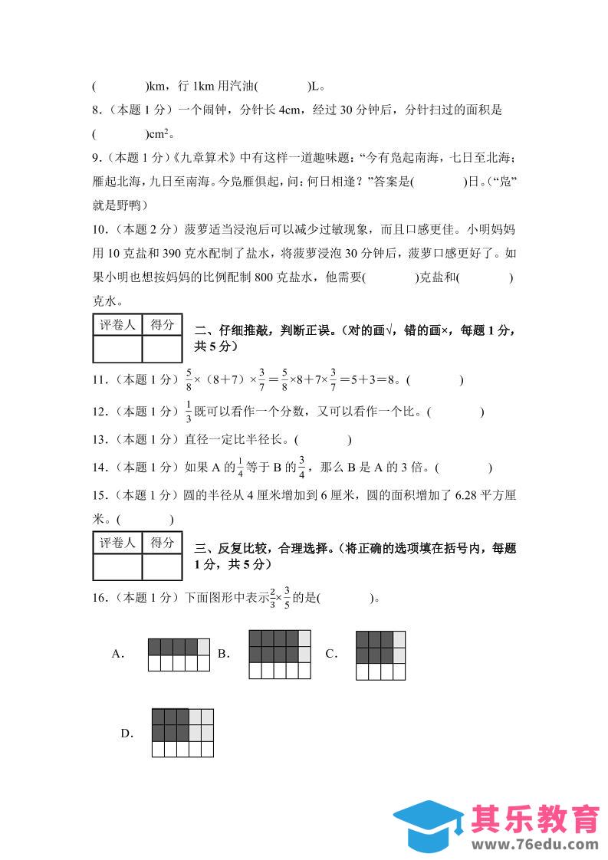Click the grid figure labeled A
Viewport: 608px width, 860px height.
(x=179, y=654)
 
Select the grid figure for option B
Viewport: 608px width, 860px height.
(x=280, y=654)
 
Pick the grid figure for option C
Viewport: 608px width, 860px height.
(x=380, y=655)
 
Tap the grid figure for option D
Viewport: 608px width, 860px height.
(x=182, y=732)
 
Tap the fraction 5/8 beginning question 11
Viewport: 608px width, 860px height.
(x=189, y=379)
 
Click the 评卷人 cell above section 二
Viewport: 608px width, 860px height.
(x=117, y=325)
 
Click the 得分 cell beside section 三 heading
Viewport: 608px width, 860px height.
(x=162, y=543)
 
